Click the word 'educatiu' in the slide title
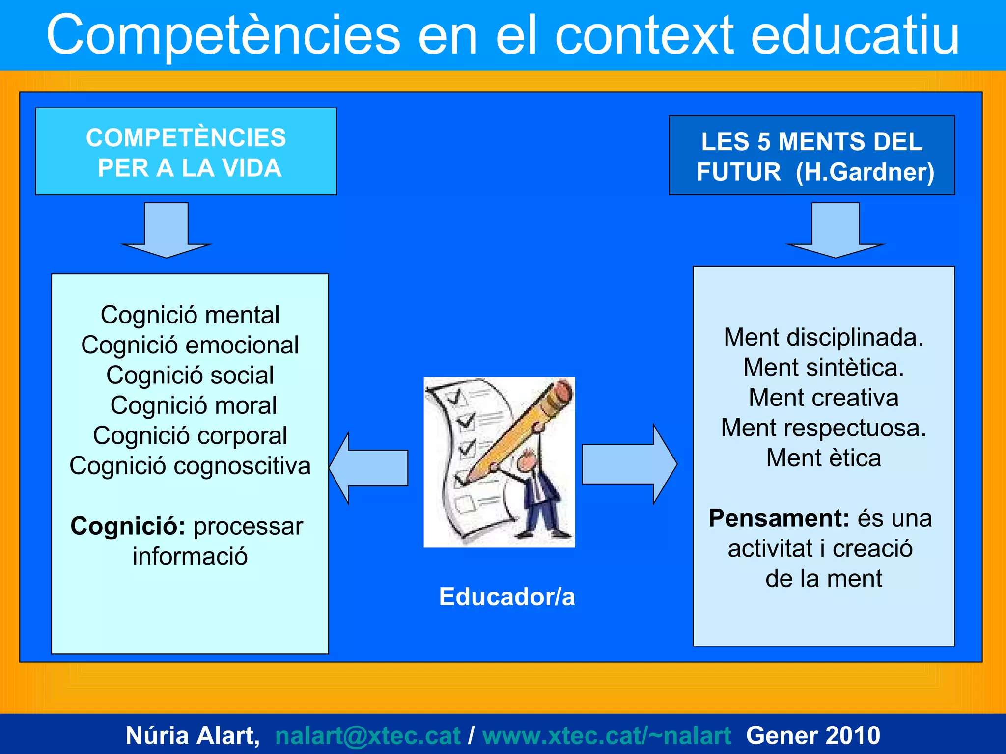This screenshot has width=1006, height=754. (855, 35)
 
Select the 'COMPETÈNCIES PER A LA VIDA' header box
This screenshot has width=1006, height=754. (186, 152)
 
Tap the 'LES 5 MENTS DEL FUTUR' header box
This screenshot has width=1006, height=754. (811, 156)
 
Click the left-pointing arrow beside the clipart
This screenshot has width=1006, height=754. (369, 468)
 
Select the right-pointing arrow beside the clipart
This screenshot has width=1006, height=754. (629, 464)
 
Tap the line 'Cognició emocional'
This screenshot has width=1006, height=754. (190, 345)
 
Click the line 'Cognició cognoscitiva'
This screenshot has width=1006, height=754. (190, 466)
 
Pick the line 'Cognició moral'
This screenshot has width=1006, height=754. (194, 405)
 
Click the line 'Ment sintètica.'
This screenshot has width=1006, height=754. (823, 368)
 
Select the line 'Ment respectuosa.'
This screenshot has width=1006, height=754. (823, 428)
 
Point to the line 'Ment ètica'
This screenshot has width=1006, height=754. (823, 458)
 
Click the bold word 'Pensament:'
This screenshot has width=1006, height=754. (779, 518)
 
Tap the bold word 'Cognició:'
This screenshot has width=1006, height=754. (128, 526)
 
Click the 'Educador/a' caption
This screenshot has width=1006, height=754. (506, 597)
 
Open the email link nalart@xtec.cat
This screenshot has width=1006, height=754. (367, 735)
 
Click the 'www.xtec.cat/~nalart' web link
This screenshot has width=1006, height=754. (607, 735)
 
